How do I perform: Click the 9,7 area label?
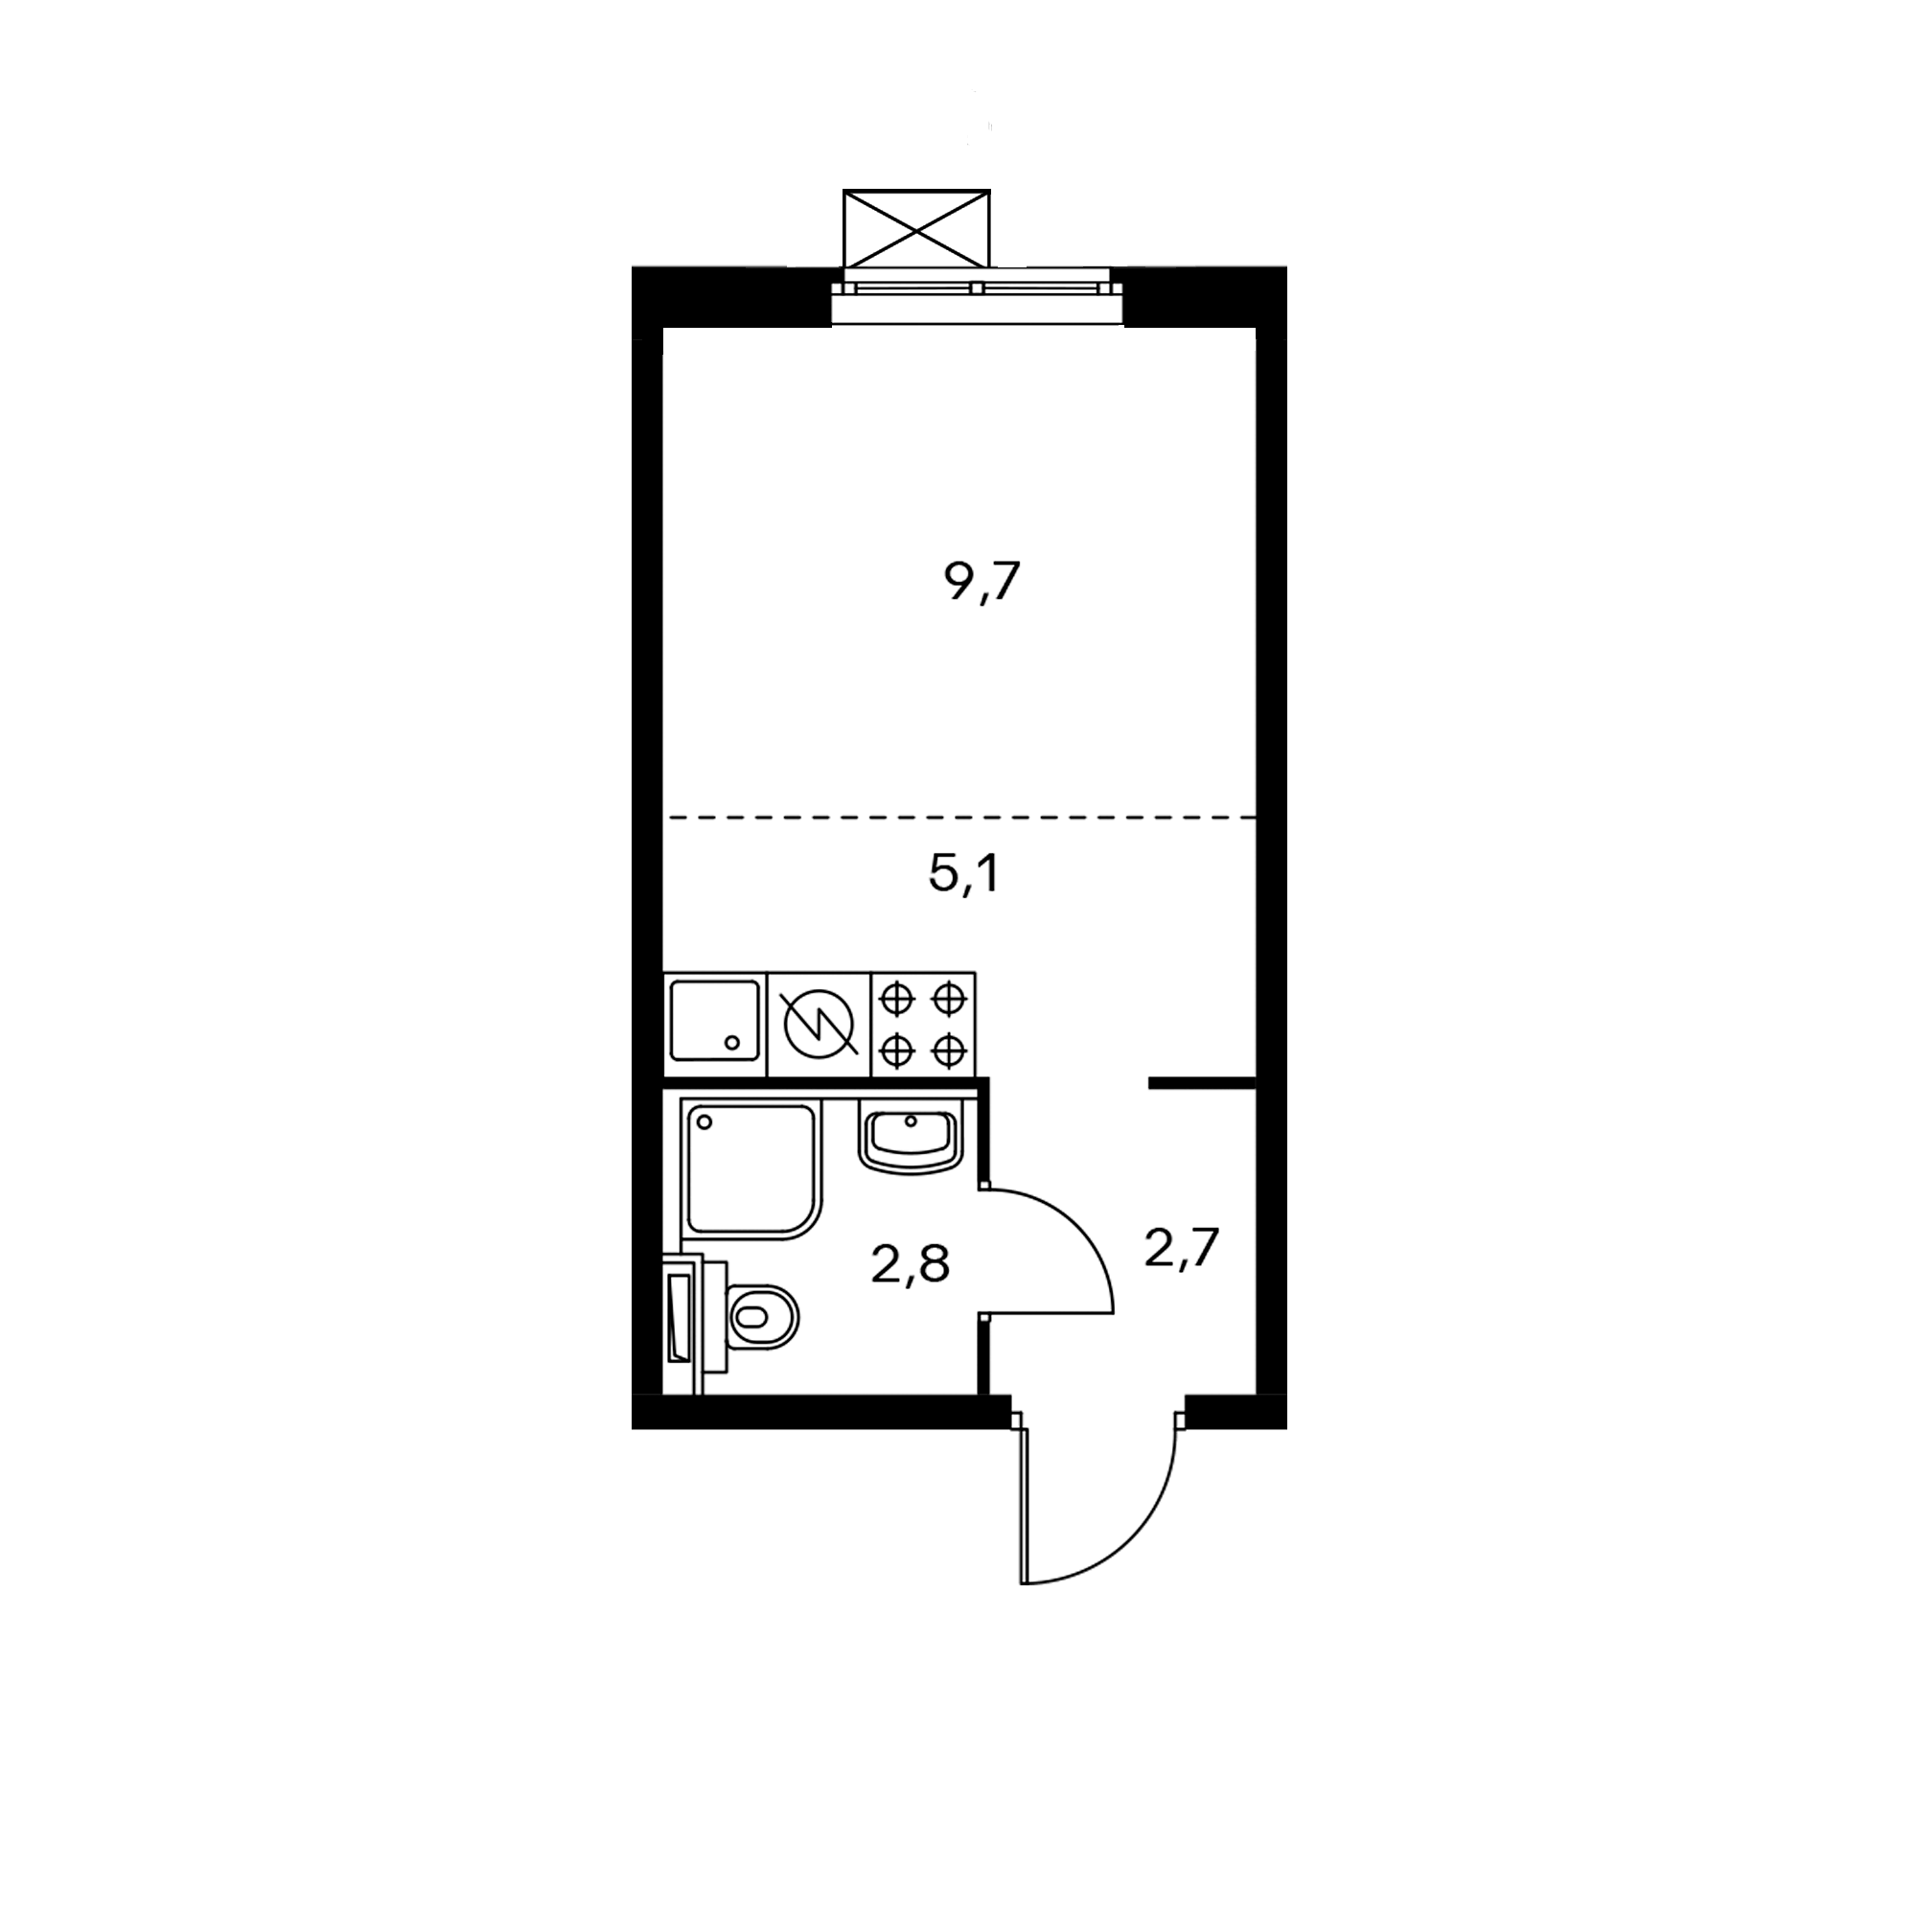click(982, 582)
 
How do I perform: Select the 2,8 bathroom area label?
click(910, 1265)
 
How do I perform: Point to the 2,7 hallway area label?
click(1181, 1248)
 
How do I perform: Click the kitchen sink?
click(714, 1021)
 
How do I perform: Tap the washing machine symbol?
click(820, 1024)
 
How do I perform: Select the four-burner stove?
click(923, 1024)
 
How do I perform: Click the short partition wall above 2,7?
click(1203, 1082)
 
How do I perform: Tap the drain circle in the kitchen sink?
click(733, 1042)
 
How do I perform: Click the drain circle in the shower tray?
click(705, 1121)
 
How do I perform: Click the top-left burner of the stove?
click(897, 999)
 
